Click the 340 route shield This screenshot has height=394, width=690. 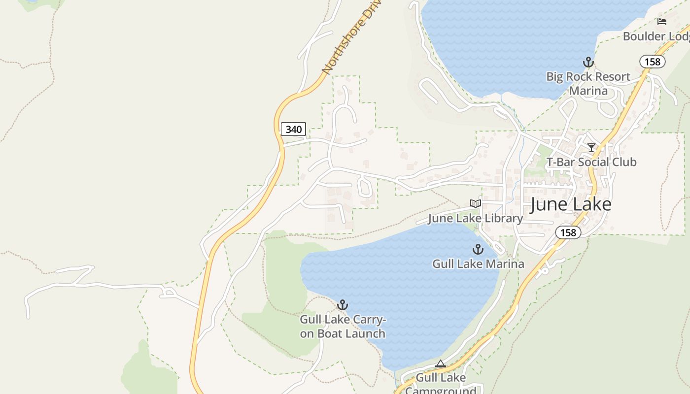tap(293, 130)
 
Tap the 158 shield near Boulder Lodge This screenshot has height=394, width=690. tap(653, 62)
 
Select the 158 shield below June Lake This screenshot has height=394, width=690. tap(568, 232)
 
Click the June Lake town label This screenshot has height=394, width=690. tap(571, 204)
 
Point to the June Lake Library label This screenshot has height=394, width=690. tap(475, 218)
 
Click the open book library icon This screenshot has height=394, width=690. tap(476, 203)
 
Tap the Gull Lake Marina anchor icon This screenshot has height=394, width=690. tap(478, 249)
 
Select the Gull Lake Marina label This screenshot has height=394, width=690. tap(478, 264)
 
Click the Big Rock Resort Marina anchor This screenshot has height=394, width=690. tap(587, 62)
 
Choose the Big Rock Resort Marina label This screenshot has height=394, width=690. tap(588, 84)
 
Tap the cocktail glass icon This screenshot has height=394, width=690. tap(591, 148)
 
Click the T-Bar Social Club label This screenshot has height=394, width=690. tap(591, 162)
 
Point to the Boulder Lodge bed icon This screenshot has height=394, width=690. tap(662, 22)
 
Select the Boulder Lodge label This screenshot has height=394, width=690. tap(656, 36)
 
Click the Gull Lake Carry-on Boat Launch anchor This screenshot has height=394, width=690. tap(343, 305)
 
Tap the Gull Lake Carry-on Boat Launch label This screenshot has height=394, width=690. tap(343, 327)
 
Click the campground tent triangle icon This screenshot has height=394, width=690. tap(441, 364)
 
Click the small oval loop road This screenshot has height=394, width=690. tap(365, 187)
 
